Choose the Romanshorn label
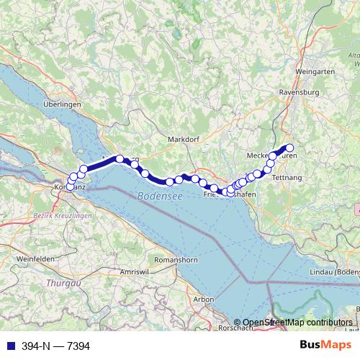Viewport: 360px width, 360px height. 176,258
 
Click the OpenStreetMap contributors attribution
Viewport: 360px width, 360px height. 292,323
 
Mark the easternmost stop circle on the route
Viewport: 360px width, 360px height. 290,149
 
